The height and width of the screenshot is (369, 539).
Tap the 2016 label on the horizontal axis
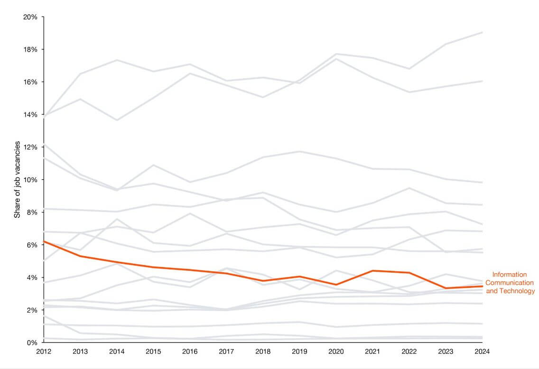click(190, 352)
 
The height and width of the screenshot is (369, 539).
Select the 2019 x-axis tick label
click(300, 352)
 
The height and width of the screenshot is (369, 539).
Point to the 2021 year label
click(373, 352)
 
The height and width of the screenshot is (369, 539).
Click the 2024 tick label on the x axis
click(483, 352)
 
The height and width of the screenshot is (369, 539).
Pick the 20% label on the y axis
click(30, 17)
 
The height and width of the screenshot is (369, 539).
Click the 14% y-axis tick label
click(30, 115)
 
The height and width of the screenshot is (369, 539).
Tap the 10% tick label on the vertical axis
click(30, 180)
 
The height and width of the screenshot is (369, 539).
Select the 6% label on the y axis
click(32, 245)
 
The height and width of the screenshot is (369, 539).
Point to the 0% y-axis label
click(32, 342)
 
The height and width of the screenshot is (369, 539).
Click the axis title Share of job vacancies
click(17, 179)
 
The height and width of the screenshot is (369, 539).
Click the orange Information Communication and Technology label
click(510, 283)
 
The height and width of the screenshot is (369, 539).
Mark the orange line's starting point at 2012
click(44, 241)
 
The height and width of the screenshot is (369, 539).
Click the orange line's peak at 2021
click(373, 271)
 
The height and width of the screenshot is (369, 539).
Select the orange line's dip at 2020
click(336, 285)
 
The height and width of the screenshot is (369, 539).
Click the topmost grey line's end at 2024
click(483, 32)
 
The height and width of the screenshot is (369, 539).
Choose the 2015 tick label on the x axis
click(153, 352)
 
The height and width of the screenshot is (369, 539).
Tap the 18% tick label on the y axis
click(30, 49)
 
